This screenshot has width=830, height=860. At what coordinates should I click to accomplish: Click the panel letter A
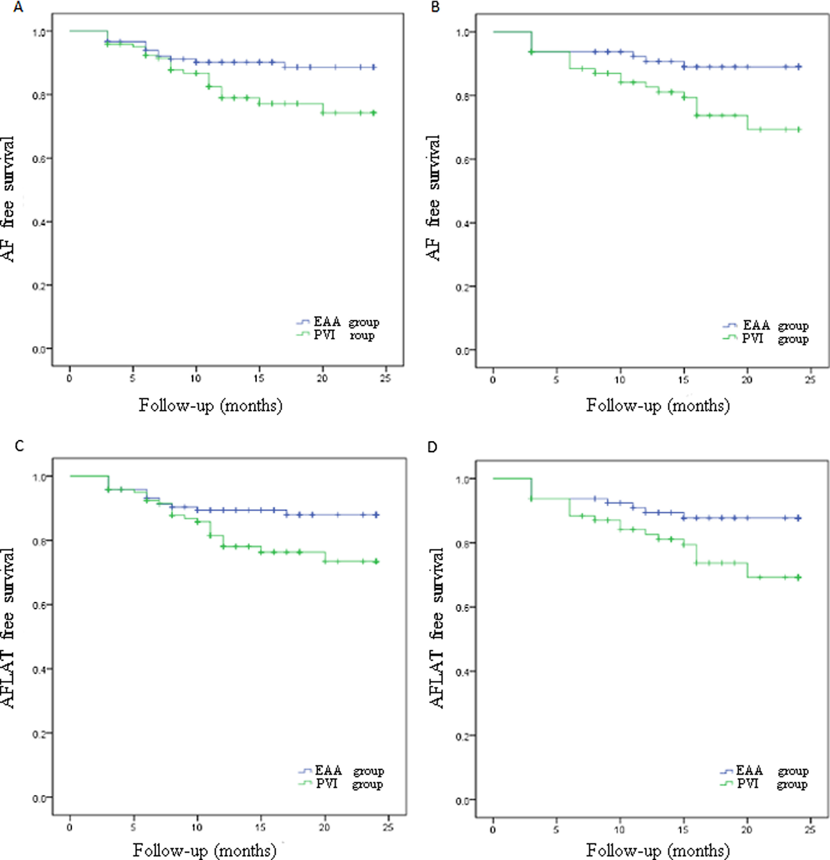pos(18,7)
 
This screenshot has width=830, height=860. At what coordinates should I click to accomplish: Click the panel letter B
pos(435,7)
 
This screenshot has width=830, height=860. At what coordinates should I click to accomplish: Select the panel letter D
pos(432,448)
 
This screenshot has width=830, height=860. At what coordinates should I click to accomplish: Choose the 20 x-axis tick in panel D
pos(747,829)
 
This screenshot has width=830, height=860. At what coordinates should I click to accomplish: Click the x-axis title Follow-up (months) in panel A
pos(211,405)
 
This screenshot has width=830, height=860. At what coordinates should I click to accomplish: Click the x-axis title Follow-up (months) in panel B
pos(658,405)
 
